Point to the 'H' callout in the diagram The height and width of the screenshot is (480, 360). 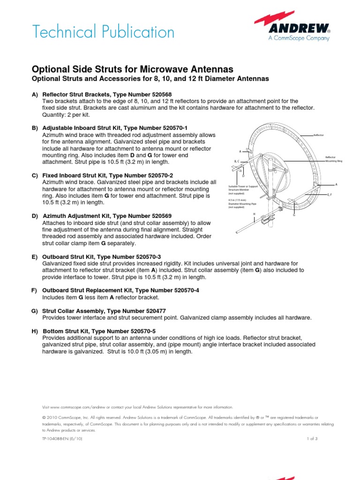coord(254,214)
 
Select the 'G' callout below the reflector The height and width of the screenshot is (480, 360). coord(294,215)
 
